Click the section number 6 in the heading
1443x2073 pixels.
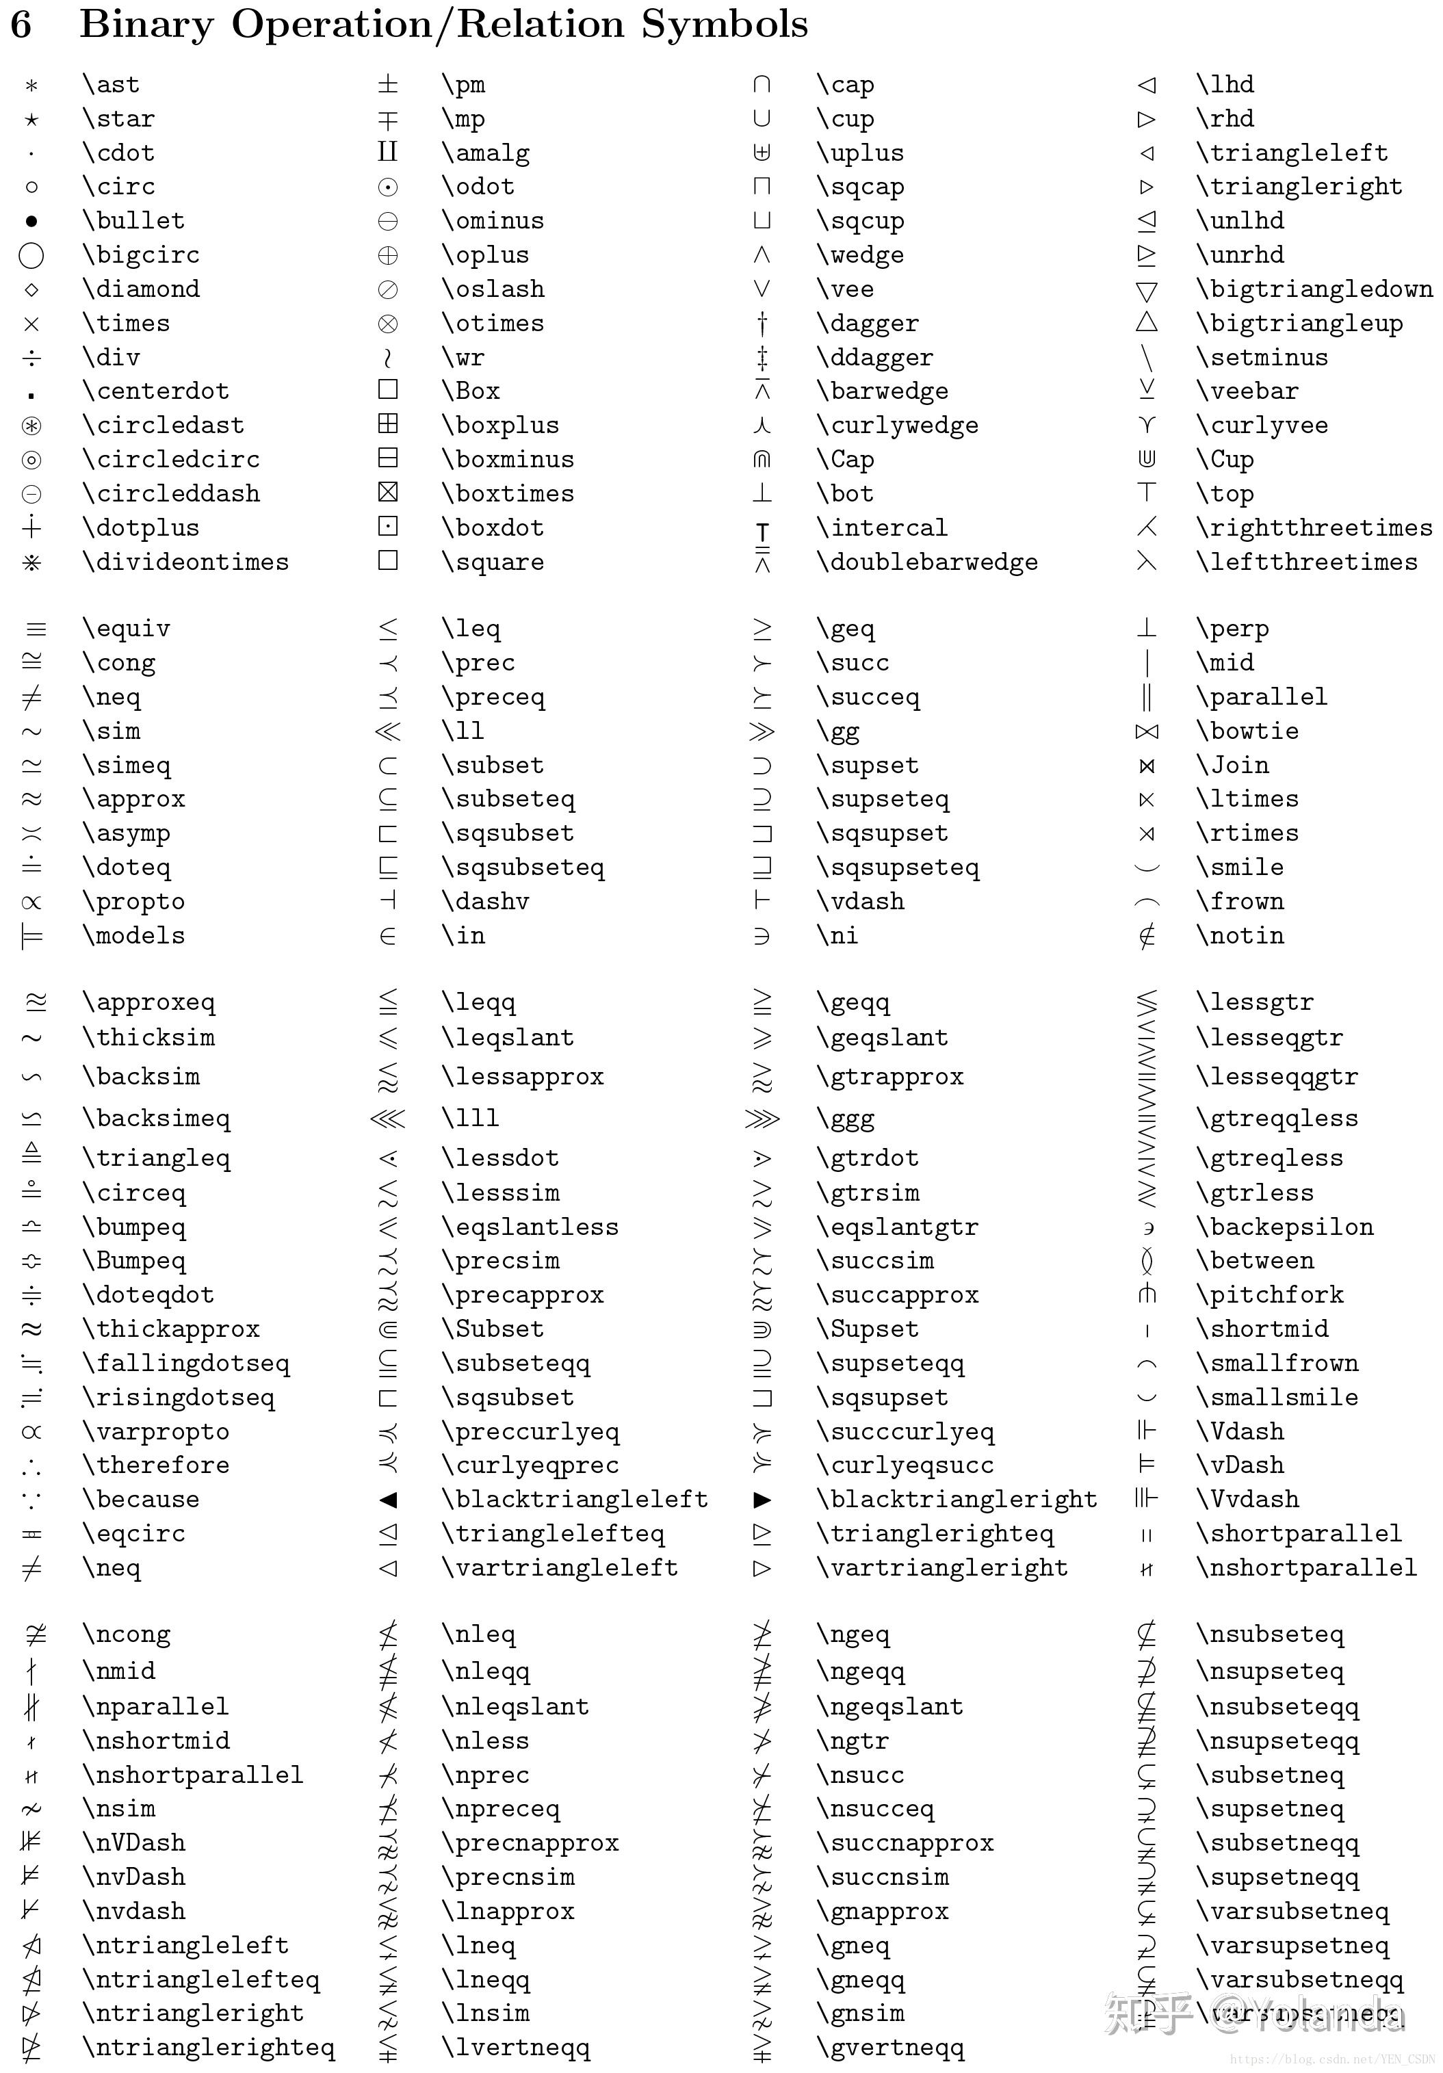[x=21, y=25]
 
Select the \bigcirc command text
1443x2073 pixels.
[x=141, y=255]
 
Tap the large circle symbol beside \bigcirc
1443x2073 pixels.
[x=31, y=255]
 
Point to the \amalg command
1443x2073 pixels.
[x=485, y=153]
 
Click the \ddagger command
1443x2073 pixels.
[x=874, y=358]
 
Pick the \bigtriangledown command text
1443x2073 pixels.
[x=1314, y=289]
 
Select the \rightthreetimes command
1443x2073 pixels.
[x=1314, y=528]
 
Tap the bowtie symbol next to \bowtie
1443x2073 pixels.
[x=1147, y=732]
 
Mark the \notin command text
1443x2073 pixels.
[x=1240, y=935]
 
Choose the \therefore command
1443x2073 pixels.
[x=156, y=1465]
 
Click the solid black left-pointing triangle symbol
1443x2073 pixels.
[x=389, y=1500]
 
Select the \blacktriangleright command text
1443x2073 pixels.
[x=957, y=1499]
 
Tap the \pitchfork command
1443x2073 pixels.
[x=1270, y=1294]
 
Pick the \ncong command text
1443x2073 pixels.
[x=127, y=1634]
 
